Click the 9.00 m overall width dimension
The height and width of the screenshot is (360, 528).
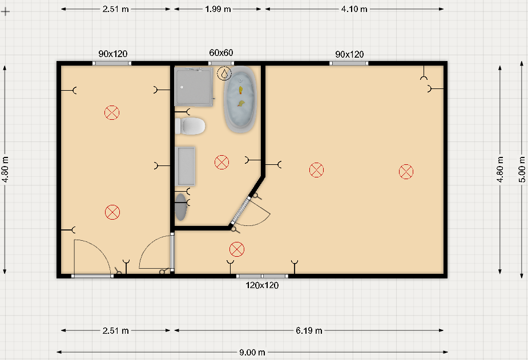(x=252, y=352)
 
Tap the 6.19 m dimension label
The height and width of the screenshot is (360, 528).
(x=309, y=331)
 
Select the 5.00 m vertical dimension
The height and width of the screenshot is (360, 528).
(x=522, y=169)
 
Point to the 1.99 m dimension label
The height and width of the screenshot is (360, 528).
(x=218, y=9)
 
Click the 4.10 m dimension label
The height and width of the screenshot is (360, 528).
(x=354, y=9)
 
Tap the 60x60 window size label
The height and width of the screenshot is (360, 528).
(x=221, y=53)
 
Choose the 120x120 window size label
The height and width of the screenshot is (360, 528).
(x=262, y=285)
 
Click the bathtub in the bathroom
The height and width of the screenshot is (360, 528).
(x=240, y=99)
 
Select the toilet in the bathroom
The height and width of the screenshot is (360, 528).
(x=190, y=126)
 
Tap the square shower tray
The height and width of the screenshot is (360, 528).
(x=194, y=87)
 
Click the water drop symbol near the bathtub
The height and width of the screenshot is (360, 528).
(x=224, y=74)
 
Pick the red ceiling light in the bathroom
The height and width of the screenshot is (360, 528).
(x=221, y=162)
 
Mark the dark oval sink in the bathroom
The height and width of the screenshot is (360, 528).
(x=181, y=207)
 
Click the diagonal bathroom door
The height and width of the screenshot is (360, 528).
(x=240, y=211)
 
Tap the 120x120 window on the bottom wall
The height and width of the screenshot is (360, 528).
(x=262, y=276)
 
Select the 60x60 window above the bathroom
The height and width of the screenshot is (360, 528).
(x=221, y=63)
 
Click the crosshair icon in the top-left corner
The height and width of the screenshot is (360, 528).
(x=5, y=11)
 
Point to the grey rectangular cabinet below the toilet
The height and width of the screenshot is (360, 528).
(x=185, y=166)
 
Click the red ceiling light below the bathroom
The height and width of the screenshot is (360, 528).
(x=237, y=249)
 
